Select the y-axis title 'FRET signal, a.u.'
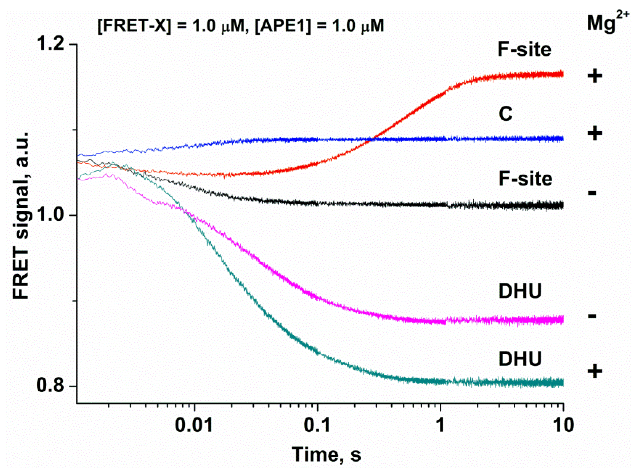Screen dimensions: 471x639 point(21,216)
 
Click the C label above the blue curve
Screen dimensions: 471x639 point(506,114)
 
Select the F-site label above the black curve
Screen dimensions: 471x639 point(526,179)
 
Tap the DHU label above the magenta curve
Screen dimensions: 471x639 point(520,292)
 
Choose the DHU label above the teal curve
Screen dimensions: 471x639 point(520,359)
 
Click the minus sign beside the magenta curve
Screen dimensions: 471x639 point(592,316)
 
